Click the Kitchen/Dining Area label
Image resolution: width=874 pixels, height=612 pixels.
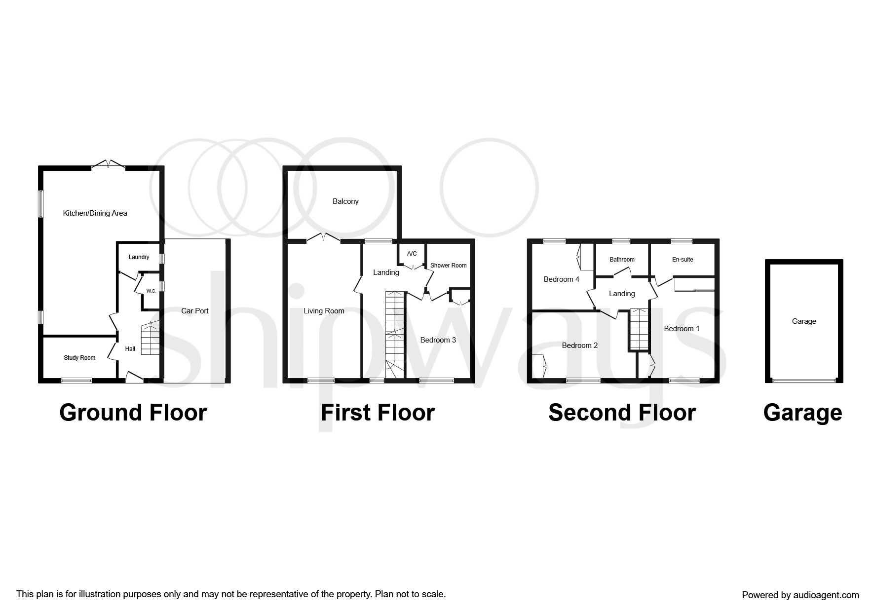pos(95,213)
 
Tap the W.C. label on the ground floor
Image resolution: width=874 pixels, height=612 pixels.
pos(151,291)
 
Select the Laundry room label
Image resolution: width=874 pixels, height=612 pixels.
pos(139,257)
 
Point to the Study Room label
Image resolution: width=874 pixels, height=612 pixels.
pos(79,358)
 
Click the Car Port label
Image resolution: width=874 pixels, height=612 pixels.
pos(195,311)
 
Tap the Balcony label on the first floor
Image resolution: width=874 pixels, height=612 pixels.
pos(345,201)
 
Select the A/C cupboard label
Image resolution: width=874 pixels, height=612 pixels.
pos(412,254)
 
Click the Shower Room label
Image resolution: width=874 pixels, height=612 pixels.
pos(448,266)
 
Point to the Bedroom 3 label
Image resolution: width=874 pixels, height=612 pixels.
pos(438,340)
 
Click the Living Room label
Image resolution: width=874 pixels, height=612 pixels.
pos(324,311)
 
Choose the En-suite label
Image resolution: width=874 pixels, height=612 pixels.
pos(683,260)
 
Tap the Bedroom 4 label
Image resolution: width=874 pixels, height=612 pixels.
pos(561,279)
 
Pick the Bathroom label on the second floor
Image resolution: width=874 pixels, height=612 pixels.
pos(622,260)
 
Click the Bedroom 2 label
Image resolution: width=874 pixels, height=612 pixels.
pos(580,345)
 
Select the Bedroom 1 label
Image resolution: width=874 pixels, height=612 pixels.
pos(682,329)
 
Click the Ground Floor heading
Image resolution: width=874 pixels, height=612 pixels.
pos(133,413)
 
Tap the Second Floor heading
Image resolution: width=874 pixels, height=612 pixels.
pos(622,413)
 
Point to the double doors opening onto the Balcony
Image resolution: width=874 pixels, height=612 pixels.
pos(323,238)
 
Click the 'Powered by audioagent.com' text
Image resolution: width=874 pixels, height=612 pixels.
pos(800,595)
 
